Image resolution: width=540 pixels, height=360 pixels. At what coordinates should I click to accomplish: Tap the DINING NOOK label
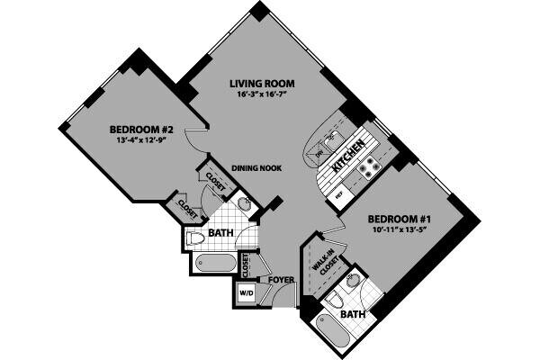[x=255, y=167]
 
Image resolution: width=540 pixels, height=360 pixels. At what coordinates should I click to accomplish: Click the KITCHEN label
[x=348, y=155]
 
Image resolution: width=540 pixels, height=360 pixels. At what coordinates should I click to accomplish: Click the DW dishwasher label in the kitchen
[x=319, y=154]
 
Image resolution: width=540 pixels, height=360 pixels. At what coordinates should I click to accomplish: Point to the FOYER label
[x=281, y=280]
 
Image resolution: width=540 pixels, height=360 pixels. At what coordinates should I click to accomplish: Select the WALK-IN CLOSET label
[x=323, y=261]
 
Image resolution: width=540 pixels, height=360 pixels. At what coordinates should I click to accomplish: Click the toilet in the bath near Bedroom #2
[x=194, y=238]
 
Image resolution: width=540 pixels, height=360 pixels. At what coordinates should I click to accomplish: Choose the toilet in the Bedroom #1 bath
[x=334, y=301]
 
